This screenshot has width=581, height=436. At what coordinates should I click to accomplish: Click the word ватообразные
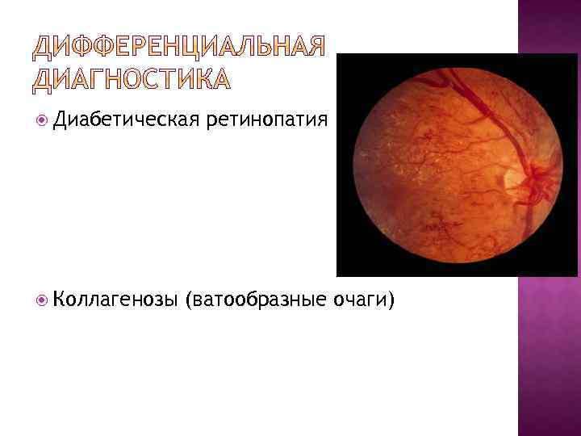256,300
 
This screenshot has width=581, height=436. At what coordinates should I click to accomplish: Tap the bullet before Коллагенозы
41,301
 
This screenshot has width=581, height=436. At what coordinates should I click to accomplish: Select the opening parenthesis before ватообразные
189,301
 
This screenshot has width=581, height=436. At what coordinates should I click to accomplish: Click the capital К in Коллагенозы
60,300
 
